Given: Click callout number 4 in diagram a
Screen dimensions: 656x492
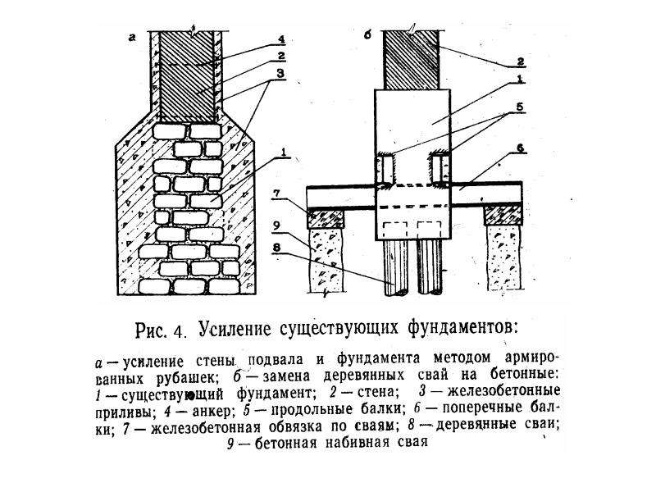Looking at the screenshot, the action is click(x=280, y=39).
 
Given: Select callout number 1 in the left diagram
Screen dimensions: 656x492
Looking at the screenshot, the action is click(x=283, y=153).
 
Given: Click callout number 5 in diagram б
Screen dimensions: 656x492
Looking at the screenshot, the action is click(x=519, y=107).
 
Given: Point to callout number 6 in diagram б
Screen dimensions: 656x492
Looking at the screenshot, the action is click(x=520, y=148).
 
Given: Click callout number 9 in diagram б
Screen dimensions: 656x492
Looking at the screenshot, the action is click(x=276, y=225).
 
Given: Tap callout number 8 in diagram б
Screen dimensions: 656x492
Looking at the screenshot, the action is click(x=276, y=248).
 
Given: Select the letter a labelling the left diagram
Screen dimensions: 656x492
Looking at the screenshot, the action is click(x=133, y=39).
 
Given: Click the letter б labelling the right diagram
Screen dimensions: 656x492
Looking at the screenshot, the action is click(x=367, y=36).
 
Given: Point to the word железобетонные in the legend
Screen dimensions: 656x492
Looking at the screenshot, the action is click(x=503, y=391).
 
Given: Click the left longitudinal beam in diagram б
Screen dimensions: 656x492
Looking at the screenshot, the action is click(x=386, y=170).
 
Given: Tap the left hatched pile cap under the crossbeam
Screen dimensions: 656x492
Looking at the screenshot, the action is click(x=326, y=218).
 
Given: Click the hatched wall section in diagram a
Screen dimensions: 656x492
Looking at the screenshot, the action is click(x=188, y=77).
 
